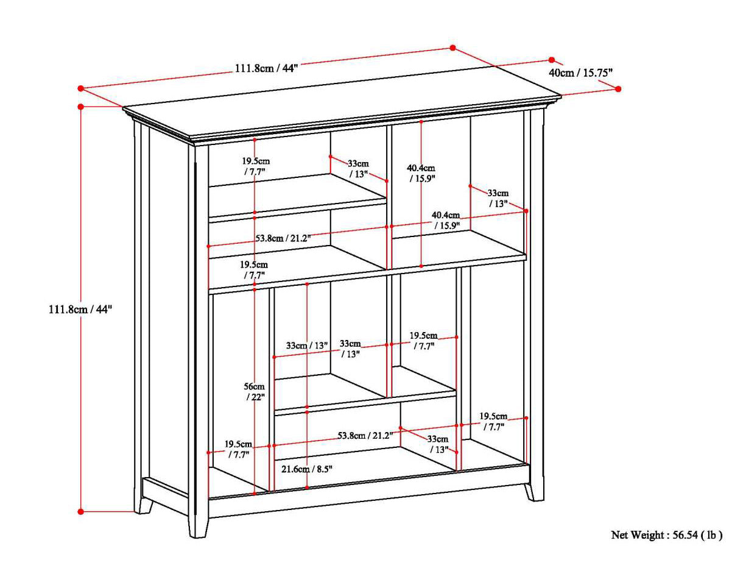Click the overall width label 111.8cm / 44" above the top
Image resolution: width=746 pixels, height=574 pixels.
click(266, 68)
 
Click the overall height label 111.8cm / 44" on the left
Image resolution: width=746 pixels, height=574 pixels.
click(81, 309)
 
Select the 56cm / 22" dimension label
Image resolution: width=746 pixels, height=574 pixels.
click(255, 392)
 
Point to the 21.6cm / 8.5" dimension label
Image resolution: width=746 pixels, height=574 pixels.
click(307, 469)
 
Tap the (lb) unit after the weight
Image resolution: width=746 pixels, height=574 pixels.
click(712, 535)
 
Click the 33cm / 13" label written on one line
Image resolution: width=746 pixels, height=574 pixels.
click(307, 345)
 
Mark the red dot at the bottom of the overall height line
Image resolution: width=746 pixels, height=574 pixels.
click(81, 511)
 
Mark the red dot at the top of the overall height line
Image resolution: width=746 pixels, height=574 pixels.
click(81, 107)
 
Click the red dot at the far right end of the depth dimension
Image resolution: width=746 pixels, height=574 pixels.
click(618, 89)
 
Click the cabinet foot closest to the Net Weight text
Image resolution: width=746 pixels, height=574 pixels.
click(534, 491)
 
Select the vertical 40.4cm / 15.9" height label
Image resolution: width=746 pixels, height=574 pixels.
click(421, 173)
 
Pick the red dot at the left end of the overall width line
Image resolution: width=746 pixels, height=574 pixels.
click(80, 88)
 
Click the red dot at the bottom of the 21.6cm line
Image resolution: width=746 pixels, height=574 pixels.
click(307, 487)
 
